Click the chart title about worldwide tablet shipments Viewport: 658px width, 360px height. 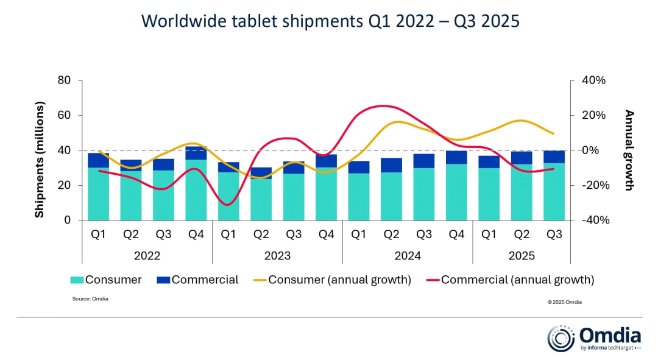click(330, 21)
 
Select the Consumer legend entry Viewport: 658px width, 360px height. click(106, 280)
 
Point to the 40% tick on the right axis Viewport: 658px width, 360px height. click(593, 80)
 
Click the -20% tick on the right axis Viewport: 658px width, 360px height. click(593, 185)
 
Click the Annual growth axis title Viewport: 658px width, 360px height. click(629, 150)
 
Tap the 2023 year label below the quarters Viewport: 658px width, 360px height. click(277, 256)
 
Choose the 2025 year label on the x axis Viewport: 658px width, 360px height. click(522, 256)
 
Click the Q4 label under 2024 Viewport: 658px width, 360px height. click(456, 234)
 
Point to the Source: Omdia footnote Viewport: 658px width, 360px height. click(90, 298)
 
